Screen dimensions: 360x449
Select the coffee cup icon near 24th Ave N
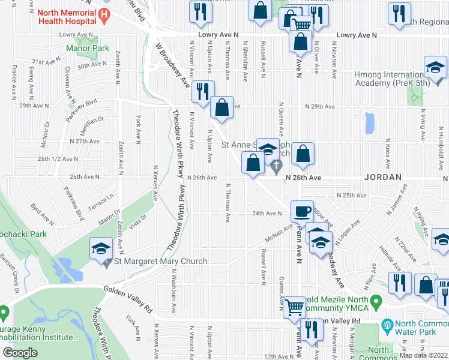[x=302, y=211]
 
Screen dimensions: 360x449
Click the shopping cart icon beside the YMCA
[x=294, y=307]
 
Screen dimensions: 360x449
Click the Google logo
[x=20, y=353]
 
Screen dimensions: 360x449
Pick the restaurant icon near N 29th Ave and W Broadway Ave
[x=203, y=91]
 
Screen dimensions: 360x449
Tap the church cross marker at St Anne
[x=276, y=166]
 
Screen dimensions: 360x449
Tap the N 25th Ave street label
[x=351, y=196]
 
